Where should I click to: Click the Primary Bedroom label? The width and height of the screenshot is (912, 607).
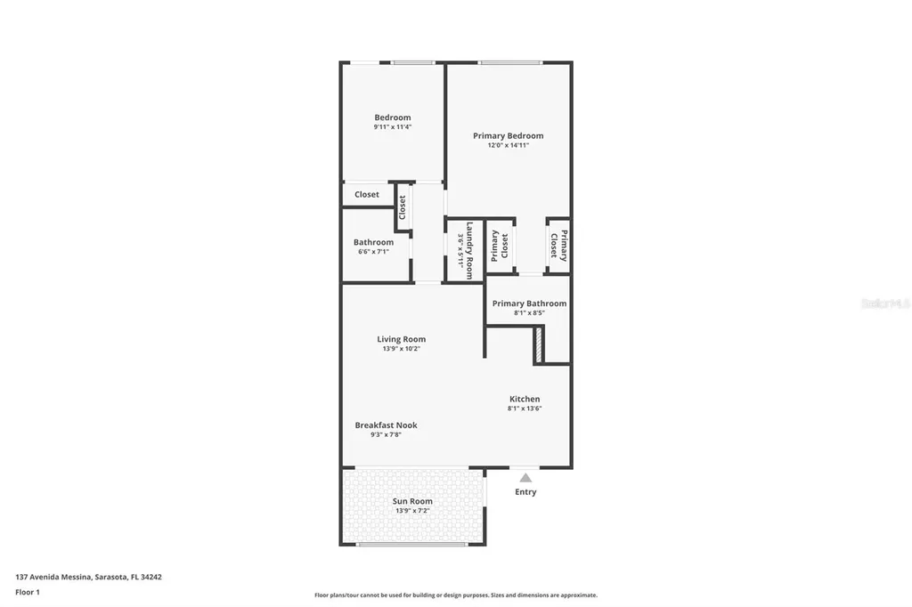tap(508, 136)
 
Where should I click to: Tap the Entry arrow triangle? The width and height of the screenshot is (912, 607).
tap(525, 478)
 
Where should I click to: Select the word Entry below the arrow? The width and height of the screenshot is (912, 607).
tap(525, 492)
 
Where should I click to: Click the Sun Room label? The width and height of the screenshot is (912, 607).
tap(412, 501)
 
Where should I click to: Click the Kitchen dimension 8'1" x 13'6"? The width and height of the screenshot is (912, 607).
tap(525, 409)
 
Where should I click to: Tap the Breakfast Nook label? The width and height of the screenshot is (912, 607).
tap(386, 425)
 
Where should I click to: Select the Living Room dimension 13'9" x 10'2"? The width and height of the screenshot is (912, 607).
tap(401, 349)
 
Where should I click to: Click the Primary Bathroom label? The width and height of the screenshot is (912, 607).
tap(529, 303)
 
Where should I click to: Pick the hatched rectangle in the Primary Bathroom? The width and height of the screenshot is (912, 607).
tap(538, 344)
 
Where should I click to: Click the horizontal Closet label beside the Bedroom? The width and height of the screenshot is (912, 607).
tap(366, 194)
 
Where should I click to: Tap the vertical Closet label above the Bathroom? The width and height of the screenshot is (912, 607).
tap(403, 207)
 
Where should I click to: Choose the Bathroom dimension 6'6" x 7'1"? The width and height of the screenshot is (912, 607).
tap(373, 252)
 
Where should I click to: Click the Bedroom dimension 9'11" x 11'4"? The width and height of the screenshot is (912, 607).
tap(392, 127)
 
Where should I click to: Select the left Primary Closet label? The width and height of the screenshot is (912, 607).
tap(500, 246)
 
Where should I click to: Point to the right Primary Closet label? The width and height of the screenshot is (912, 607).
tap(558, 244)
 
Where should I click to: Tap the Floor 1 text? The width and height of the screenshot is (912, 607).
tap(28, 592)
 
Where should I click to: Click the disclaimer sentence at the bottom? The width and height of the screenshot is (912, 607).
tap(455, 595)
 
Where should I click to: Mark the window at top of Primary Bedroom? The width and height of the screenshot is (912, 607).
tap(509, 62)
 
